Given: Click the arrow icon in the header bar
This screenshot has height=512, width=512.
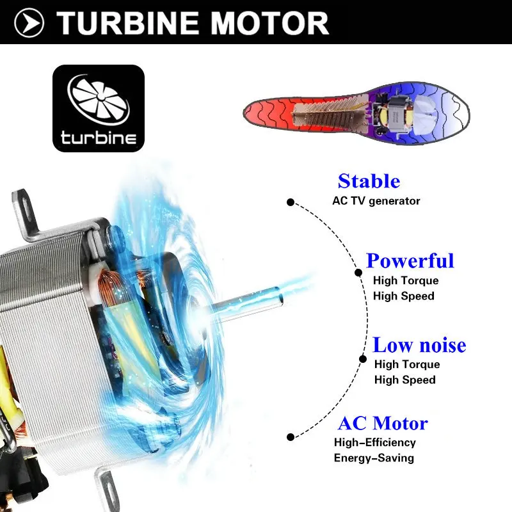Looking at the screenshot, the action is pyautogui.click(x=29, y=23).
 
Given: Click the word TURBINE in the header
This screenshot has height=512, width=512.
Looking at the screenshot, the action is pyautogui.click(x=128, y=23).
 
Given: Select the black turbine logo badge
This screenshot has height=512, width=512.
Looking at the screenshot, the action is pyautogui.click(x=99, y=108).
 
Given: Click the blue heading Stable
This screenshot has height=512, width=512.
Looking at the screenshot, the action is pyautogui.click(x=369, y=181).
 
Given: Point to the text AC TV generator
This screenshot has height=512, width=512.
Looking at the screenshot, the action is pyautogui.click(x=376, y=201).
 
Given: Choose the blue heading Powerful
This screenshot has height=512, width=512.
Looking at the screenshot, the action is pyautogui.click(x=410, y=260).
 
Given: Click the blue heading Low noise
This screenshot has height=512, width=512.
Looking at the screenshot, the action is pyautogui.click(x=419, y=345).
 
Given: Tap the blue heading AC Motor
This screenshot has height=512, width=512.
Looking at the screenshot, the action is pyautogui.click(x=383, y=424).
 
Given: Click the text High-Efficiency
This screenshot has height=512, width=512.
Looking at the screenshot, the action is pyautogui.click(x=375, y=442).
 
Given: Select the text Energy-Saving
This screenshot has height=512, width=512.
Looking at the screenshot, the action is pyautogui.click(x=374, y=458).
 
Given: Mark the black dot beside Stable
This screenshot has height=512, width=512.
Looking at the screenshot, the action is pyautogui.click(x=291, y=202).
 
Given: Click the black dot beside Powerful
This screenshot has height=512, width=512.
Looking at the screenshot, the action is pyautogui.click(x=358, y=273).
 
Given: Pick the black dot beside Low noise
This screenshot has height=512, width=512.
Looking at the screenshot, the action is pyautogui.click(x=363, y=359).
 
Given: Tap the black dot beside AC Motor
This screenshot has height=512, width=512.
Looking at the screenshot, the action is pyautogui.click(x=291, y=437).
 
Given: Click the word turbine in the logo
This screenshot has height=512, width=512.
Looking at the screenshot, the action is pyautogui.click(x=99, y=138).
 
